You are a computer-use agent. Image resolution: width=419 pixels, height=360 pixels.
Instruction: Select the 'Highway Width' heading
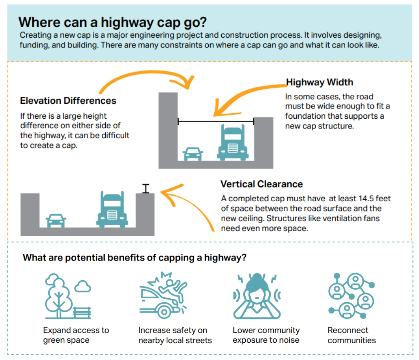319,83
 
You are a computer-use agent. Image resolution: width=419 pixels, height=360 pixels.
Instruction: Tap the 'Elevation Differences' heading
68,101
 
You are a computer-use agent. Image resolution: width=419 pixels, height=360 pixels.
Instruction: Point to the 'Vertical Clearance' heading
261,184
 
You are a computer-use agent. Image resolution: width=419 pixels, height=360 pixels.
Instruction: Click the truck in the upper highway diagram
233,143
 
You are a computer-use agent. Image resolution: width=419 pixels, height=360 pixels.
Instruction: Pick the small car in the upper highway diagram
193,154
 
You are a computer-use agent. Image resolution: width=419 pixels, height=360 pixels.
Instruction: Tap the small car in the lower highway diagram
56,220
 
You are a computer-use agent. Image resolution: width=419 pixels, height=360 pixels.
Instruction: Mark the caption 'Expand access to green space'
76,335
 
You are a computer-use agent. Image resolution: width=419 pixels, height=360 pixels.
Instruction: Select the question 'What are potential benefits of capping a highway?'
134,258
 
